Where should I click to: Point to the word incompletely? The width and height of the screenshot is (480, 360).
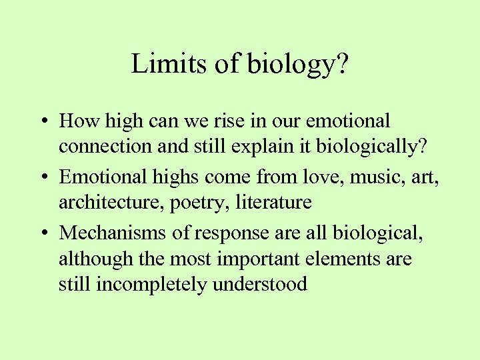click(x=151, y=285)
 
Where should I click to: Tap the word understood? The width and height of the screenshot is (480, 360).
click(x=260, y=284)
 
